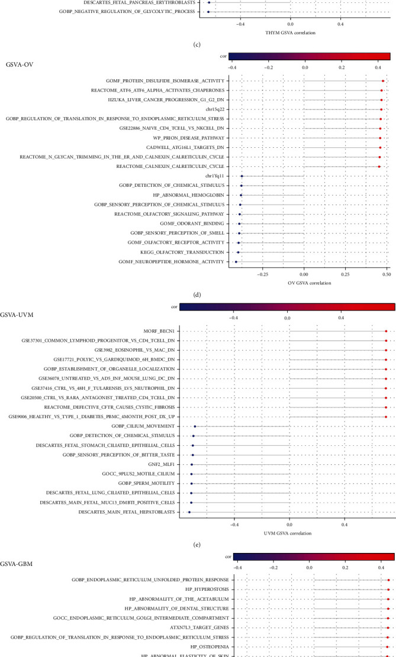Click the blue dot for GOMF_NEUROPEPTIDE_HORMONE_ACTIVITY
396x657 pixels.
[236, 261]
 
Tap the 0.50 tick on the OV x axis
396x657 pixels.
[386, 274]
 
